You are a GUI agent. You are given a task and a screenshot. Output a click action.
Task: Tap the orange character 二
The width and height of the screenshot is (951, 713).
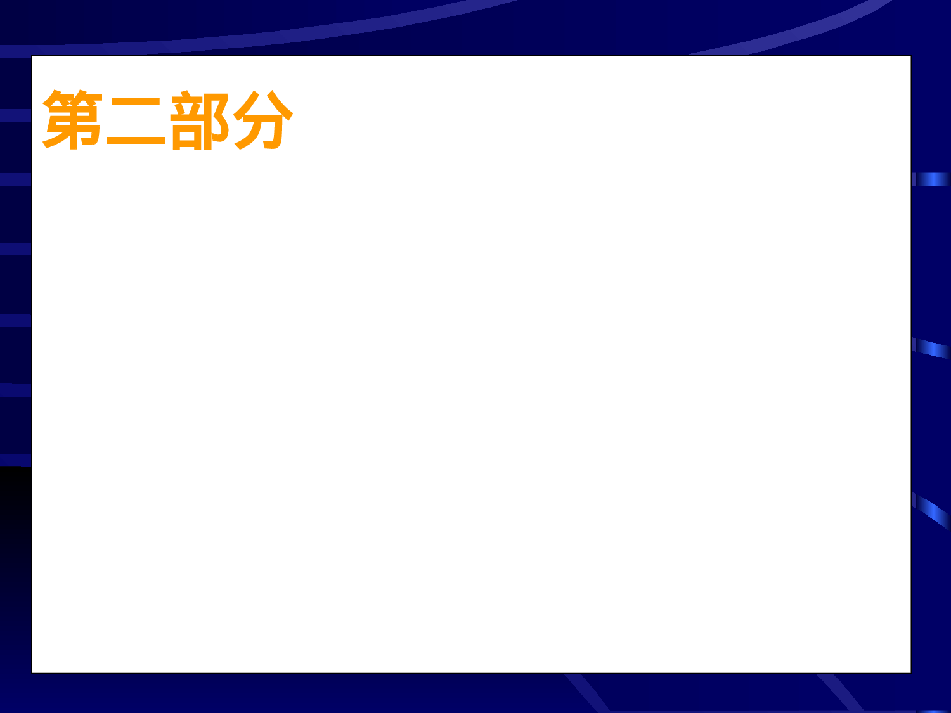point(136,121)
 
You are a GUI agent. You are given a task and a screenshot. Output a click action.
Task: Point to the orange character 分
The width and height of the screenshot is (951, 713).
point(262,120)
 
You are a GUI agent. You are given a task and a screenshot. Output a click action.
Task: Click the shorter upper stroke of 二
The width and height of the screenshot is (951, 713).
point(136,101)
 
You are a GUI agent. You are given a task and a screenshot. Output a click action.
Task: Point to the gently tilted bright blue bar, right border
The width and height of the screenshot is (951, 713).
point(931,348)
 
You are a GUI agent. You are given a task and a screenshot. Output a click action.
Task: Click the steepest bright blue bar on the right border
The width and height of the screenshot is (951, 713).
point(931,510)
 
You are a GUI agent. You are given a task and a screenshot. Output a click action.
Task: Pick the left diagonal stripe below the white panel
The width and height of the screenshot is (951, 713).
point(586,692)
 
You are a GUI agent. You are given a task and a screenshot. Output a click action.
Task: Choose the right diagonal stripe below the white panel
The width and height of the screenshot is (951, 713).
point(840,692)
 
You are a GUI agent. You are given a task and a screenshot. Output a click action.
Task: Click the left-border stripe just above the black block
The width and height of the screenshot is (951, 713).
point(15,459)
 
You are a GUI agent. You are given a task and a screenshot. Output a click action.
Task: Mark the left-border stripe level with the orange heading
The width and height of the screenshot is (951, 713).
point(15,115)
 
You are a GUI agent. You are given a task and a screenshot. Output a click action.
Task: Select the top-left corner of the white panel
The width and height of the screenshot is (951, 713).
point(33,57)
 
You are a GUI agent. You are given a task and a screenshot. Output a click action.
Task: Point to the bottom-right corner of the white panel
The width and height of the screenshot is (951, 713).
point(910,672)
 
